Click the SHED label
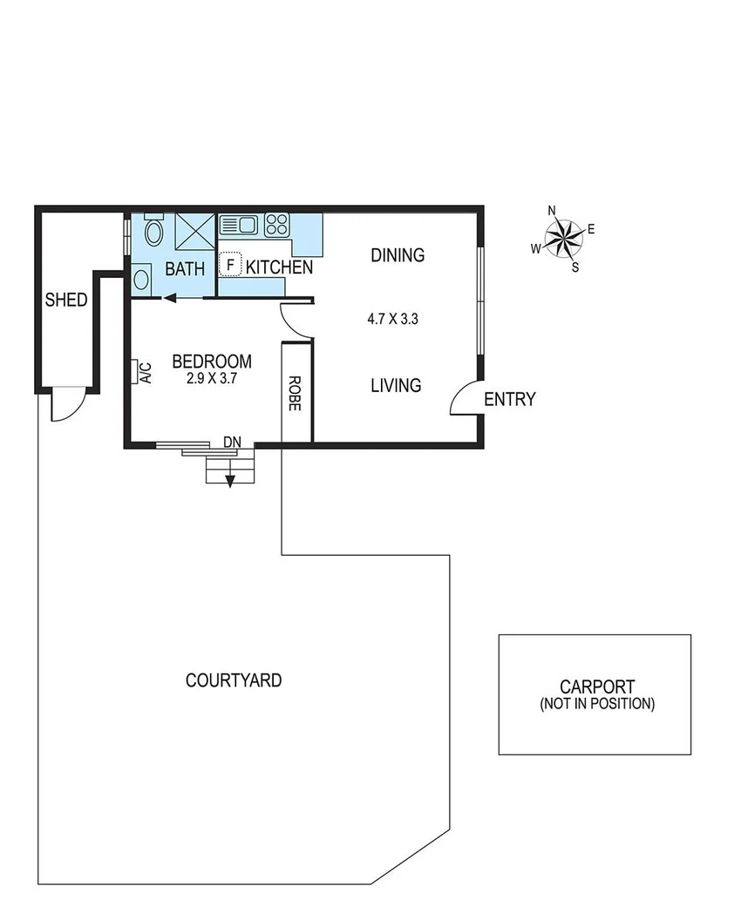[66, 301]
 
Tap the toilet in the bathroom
[154, 232]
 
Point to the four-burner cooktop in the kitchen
[276, 225]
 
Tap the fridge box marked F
[230, 264]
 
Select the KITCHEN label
[279, 267]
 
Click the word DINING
[398, 255]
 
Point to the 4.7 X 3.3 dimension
[393, 319]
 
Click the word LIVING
[396, 385]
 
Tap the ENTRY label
[509, 400]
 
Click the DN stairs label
[232, 443]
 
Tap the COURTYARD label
[234, 680]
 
